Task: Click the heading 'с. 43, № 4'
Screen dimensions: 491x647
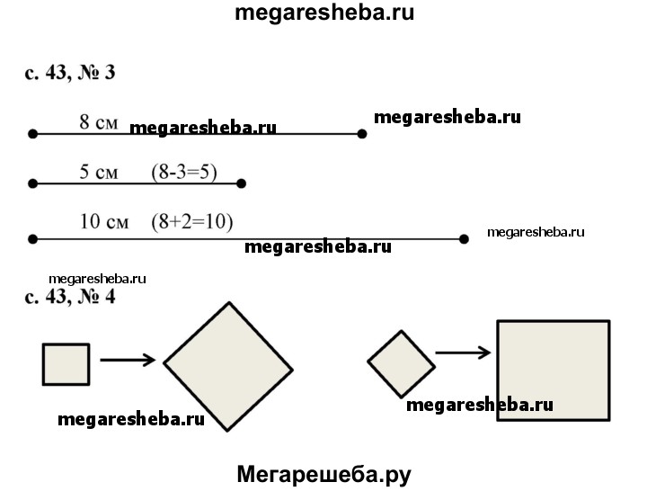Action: click(69, 296)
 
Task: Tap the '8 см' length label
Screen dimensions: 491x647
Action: click(98, 122)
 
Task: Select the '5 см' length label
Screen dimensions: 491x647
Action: click(98, 173)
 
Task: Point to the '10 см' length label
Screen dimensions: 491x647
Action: click(104, 221)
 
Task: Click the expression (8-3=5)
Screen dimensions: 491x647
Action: click(184, 173)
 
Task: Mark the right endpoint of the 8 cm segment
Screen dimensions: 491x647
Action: click(362, 134)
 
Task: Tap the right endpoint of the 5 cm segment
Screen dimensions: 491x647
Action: click(242, 183)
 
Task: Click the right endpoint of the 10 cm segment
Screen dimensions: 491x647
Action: click(464, 239)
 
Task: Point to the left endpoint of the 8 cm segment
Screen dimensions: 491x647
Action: click(32, 134)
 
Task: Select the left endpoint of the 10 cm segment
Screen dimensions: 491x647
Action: click(32, 239)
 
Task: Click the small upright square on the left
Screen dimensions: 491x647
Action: click(66, 363)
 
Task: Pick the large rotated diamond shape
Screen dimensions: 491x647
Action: click(228, 366)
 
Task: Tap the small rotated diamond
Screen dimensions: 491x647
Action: click(401, 363)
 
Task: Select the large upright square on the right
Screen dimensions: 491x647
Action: click(553, 370)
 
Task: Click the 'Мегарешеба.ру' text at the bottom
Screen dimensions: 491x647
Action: click(323, 474)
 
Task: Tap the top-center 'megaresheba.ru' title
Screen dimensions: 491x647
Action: click(323, 13)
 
